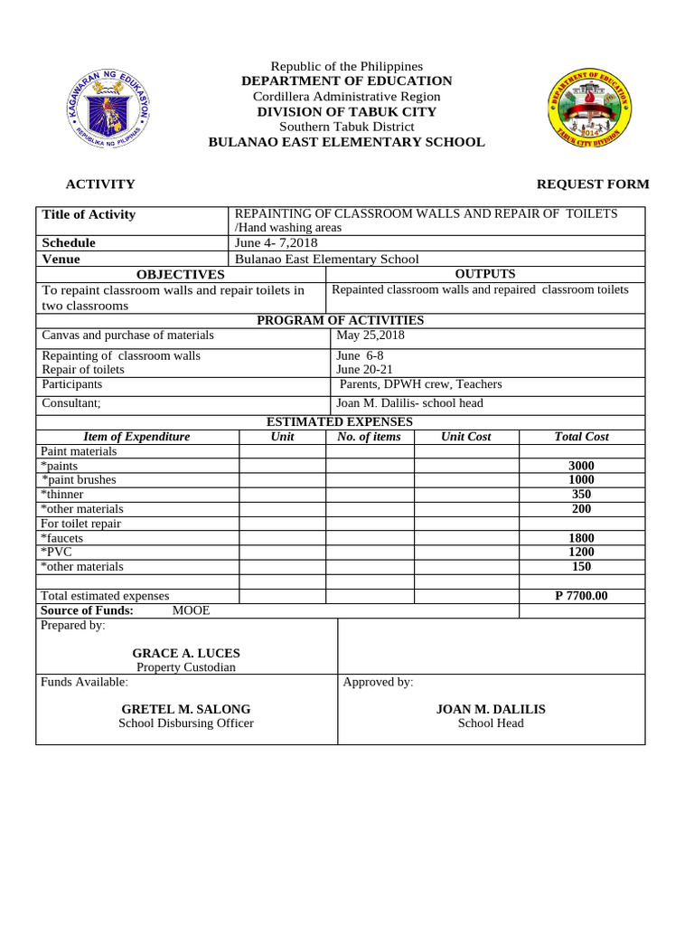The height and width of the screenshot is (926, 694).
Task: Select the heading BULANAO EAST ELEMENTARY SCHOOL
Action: pos(346,142)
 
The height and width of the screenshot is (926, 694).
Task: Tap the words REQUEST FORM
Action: pos(592,184)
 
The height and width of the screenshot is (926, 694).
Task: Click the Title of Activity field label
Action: pos(89,214)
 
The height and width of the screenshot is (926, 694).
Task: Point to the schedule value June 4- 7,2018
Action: pos(276,242)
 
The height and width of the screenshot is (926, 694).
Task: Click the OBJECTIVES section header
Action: pos(180,274)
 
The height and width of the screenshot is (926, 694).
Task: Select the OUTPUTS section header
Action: pos(485,273)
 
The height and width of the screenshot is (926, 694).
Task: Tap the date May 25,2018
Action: pos(370,335)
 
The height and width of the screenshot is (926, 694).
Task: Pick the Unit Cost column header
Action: pos(465,437)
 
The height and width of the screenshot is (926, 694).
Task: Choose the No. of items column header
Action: pos(369,437)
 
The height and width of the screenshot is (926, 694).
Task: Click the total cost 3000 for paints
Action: pos(581,466)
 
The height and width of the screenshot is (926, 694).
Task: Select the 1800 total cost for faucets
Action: pos(581,538)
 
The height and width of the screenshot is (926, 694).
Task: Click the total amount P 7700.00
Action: pos(581,596)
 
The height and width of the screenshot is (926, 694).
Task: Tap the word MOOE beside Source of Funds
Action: pos(191,610)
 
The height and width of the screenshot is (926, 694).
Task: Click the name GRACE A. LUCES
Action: pos(186,653)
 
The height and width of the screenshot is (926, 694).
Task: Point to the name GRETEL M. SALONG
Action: pos(186,709)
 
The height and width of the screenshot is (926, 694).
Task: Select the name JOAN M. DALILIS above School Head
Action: pos(491,709)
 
